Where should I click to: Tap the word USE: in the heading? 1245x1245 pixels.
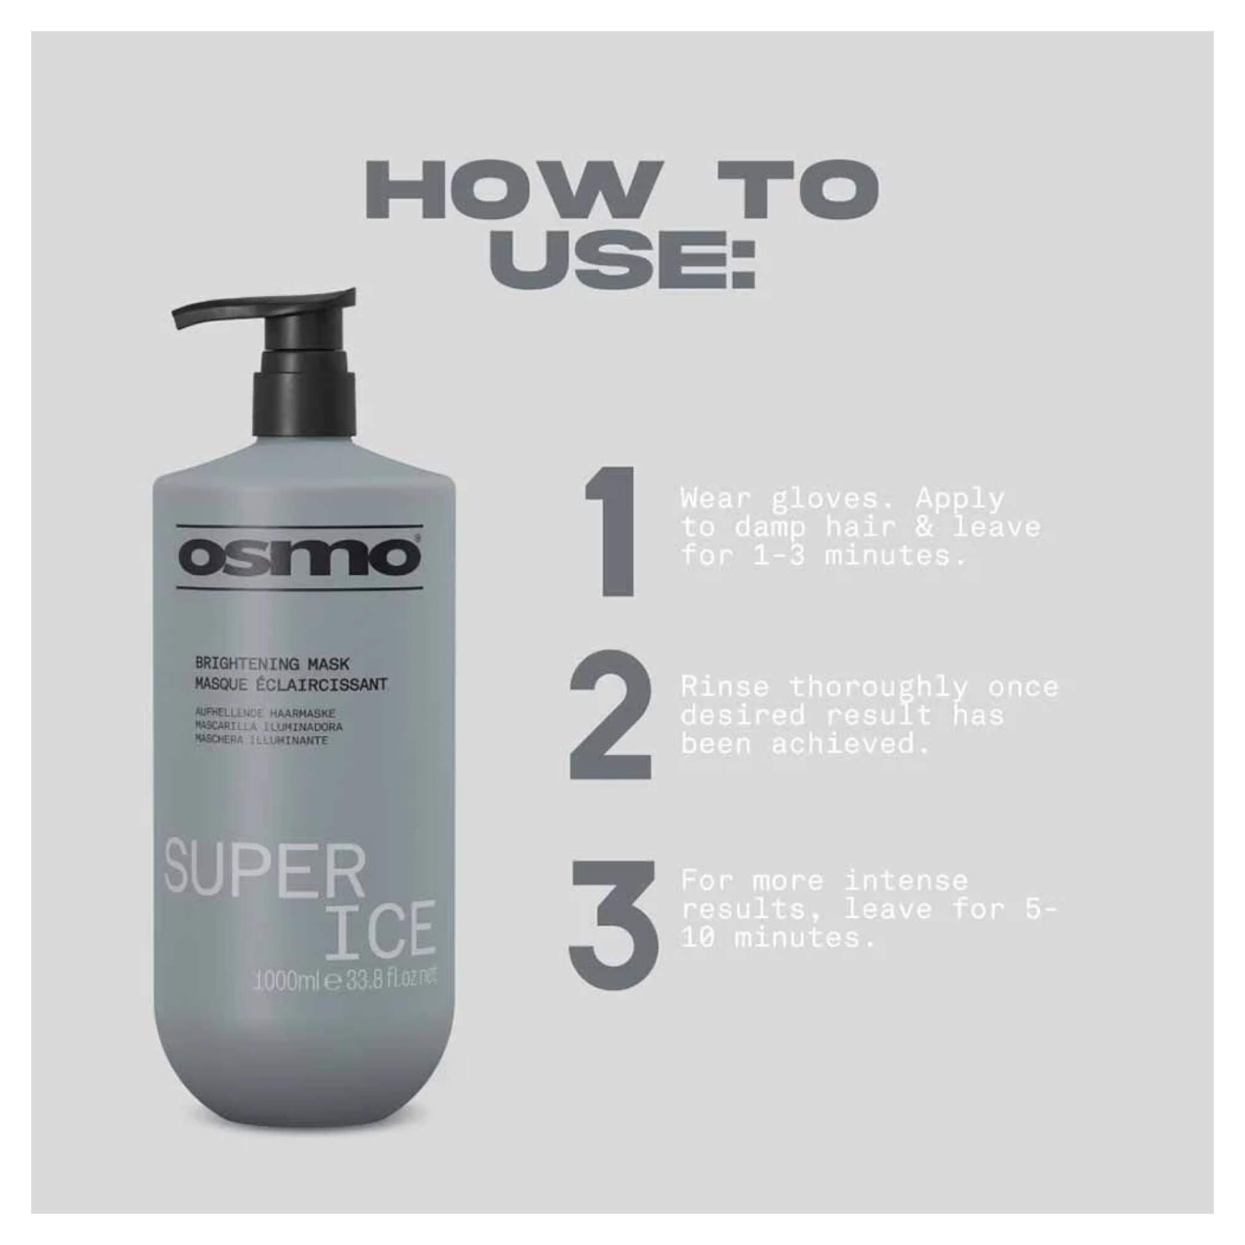tap(622, 263)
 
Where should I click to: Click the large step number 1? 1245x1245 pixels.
tap(611, 531)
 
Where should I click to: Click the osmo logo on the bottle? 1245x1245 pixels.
tap(299, 556)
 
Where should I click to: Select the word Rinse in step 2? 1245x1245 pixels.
tap(725, 688)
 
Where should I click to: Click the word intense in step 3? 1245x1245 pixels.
tap(906, 881)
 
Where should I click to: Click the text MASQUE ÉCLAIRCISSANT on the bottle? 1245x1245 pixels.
tap(291, 684)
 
